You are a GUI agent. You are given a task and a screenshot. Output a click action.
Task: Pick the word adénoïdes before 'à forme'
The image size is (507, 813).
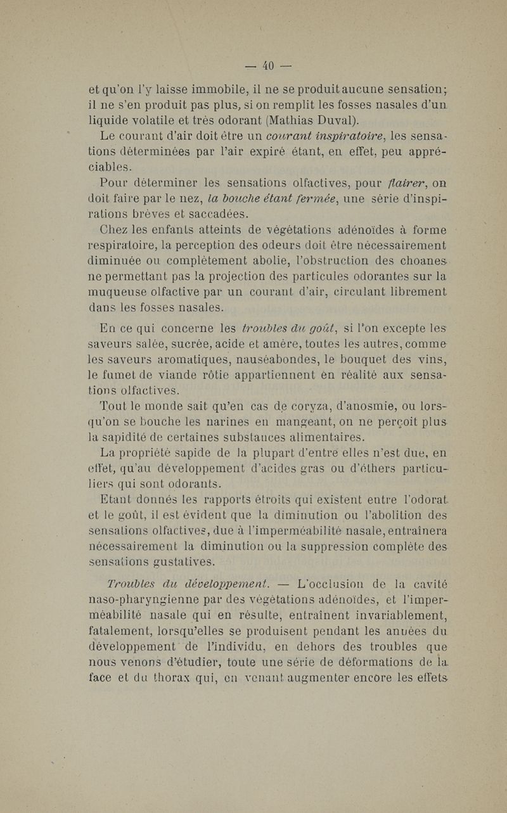tap(356, 229)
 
